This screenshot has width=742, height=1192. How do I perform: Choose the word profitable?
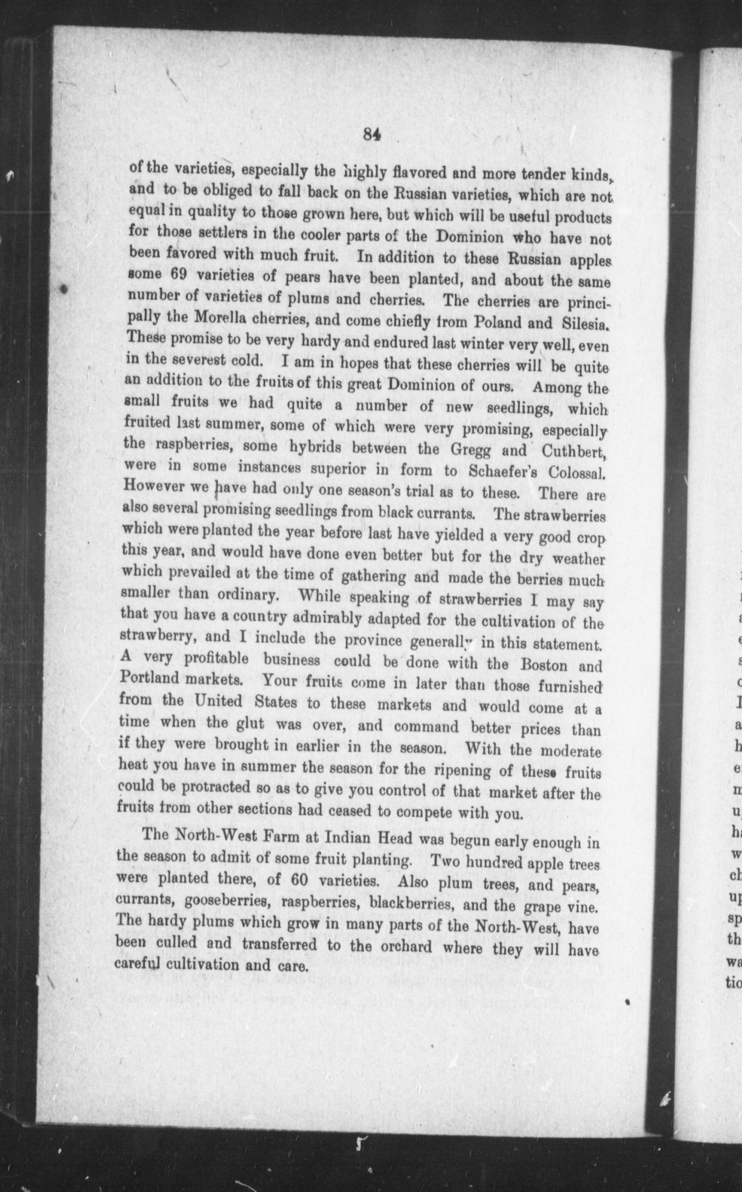coord(217,658)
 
